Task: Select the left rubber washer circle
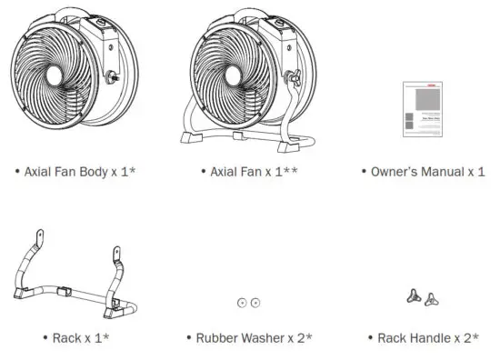(242, 303)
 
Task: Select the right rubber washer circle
(255, 303)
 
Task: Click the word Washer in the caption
(261, 338)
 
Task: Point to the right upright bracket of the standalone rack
(116, 257)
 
